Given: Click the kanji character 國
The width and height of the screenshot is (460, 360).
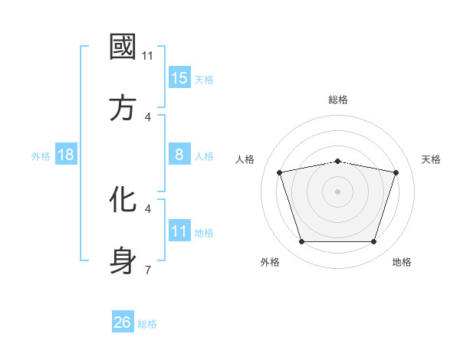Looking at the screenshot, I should click(123, 47).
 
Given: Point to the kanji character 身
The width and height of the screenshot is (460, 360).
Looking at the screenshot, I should click(123, 261).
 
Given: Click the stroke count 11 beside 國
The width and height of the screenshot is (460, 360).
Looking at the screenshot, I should click(148, 56).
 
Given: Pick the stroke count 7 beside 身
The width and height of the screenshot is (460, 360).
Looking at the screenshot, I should click(148, 270).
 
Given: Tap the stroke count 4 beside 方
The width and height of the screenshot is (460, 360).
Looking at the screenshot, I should click(148, 117).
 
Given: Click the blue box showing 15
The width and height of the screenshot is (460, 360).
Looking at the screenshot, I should click(179, 78).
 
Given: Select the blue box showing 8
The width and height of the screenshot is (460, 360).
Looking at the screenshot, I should click(179, 155).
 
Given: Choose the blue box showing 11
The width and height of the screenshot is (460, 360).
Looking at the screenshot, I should click(179, 231).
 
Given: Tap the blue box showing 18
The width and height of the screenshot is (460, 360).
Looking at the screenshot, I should click(66, 155).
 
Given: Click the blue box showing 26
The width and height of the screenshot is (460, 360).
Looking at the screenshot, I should click(123, 322).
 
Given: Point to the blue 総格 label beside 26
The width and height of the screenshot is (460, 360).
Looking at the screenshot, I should click(147, 324).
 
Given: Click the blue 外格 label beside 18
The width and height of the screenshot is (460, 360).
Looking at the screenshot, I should click(41, 156).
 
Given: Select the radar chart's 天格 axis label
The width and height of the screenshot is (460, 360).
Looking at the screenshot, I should click(431, 159).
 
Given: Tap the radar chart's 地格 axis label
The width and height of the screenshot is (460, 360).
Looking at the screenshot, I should click(402, 262).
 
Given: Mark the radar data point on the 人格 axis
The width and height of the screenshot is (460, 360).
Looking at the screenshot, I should click(280, 172).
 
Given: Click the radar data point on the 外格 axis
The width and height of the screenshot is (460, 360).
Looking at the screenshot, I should click(301, 242).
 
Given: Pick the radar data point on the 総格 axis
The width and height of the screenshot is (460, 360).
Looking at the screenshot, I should click(337, 161).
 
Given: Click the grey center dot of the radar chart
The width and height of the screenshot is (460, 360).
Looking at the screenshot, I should click(337, 191).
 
